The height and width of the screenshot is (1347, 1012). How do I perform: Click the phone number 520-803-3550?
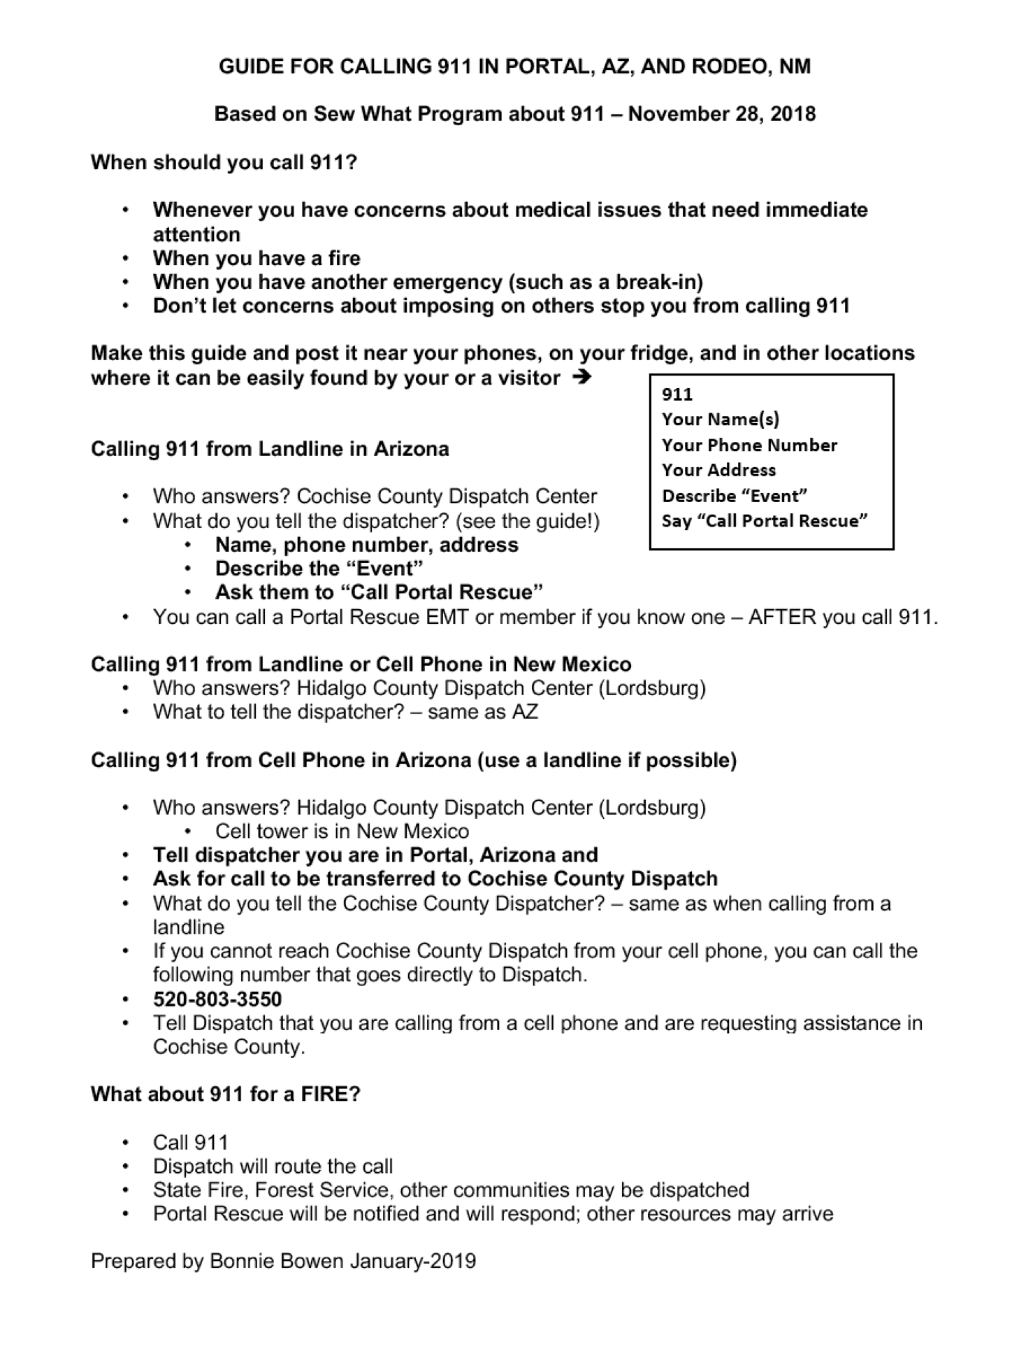tap(217, 999)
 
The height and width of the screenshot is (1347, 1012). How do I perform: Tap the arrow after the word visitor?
tap(581, 378)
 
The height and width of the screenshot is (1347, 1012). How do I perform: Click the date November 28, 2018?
tap(721, 113)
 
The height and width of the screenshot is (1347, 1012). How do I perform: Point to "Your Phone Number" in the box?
tap(749, 445)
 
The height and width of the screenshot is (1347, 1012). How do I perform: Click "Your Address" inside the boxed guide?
tap(718, 470)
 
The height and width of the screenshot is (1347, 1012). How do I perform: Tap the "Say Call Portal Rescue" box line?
tap(765, 520)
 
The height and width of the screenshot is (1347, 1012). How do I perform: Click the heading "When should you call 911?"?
tap(224, 162)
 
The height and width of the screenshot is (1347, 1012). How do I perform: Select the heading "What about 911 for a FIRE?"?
tap(225, 1094)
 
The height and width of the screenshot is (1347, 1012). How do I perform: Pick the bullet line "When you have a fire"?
tap(256, 258)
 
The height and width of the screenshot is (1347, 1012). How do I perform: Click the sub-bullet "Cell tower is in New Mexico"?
tap(342, 831)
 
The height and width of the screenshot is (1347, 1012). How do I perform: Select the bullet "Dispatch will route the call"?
tap(273, 1166)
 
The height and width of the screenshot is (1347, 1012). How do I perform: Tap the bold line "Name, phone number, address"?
tap(366, 545)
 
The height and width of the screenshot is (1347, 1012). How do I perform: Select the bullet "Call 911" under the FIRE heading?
tap(190, 1142)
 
